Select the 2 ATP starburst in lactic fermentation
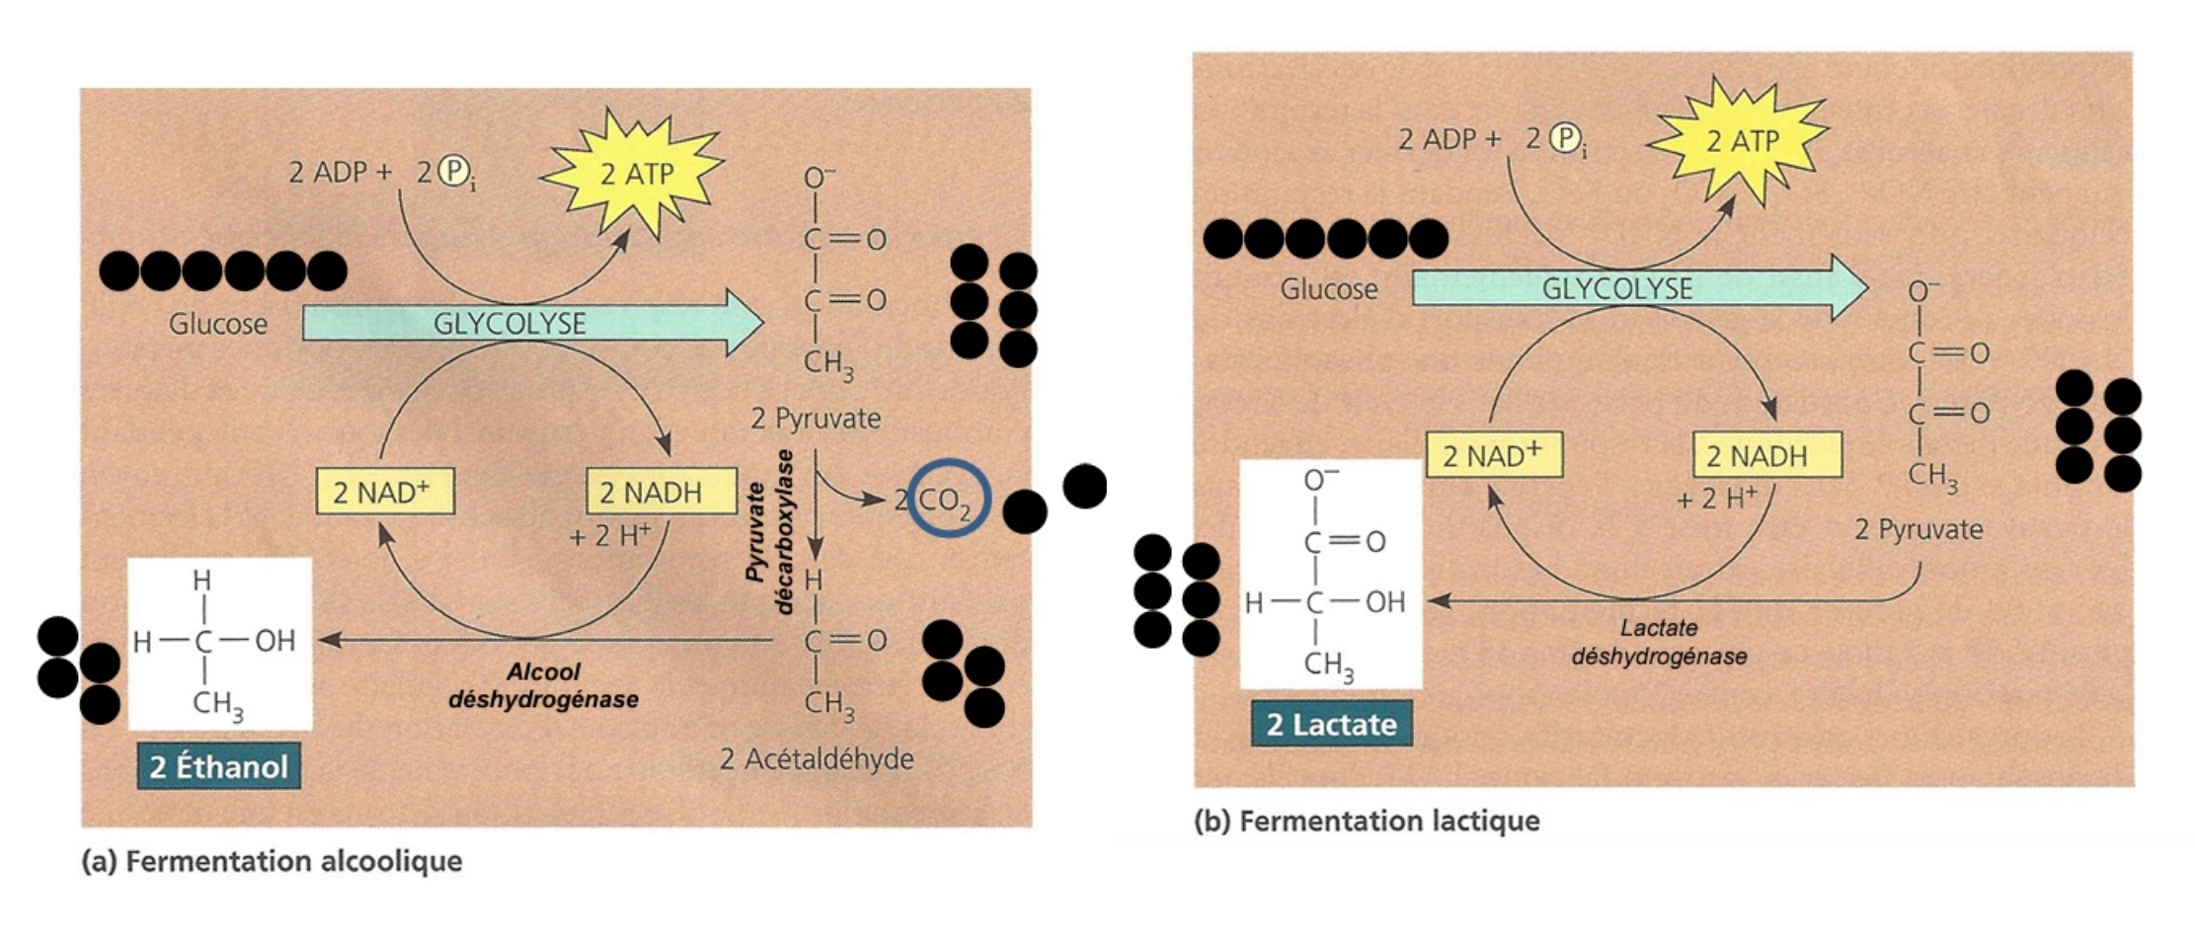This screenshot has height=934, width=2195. coord(1740,140)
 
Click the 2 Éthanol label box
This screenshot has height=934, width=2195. coord(218,766)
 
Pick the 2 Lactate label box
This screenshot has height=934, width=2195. coord(1331,724)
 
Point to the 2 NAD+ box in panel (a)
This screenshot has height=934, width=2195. coord(385,492)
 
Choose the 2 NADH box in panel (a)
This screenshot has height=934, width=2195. coord(662,492)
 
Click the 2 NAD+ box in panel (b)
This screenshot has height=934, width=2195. coord(1494,455)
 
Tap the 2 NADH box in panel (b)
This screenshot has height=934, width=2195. coord(1767,455)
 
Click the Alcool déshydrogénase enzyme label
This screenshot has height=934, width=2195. coord(543,685)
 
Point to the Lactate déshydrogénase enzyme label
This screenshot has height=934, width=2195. coord(1659,642)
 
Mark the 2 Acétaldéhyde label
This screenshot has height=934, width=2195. coord(817,759)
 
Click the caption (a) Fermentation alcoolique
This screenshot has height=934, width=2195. coord(272,861)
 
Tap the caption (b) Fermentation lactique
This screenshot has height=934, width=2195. coord(1367,820)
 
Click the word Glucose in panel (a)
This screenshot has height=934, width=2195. coord(218,324)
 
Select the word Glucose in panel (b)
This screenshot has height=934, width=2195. coord(1328,289)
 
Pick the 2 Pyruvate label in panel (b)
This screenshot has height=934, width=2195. coord(1919,529)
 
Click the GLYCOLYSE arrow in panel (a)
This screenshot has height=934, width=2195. coord(533,323)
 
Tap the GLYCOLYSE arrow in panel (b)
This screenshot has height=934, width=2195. coord(1640,288)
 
